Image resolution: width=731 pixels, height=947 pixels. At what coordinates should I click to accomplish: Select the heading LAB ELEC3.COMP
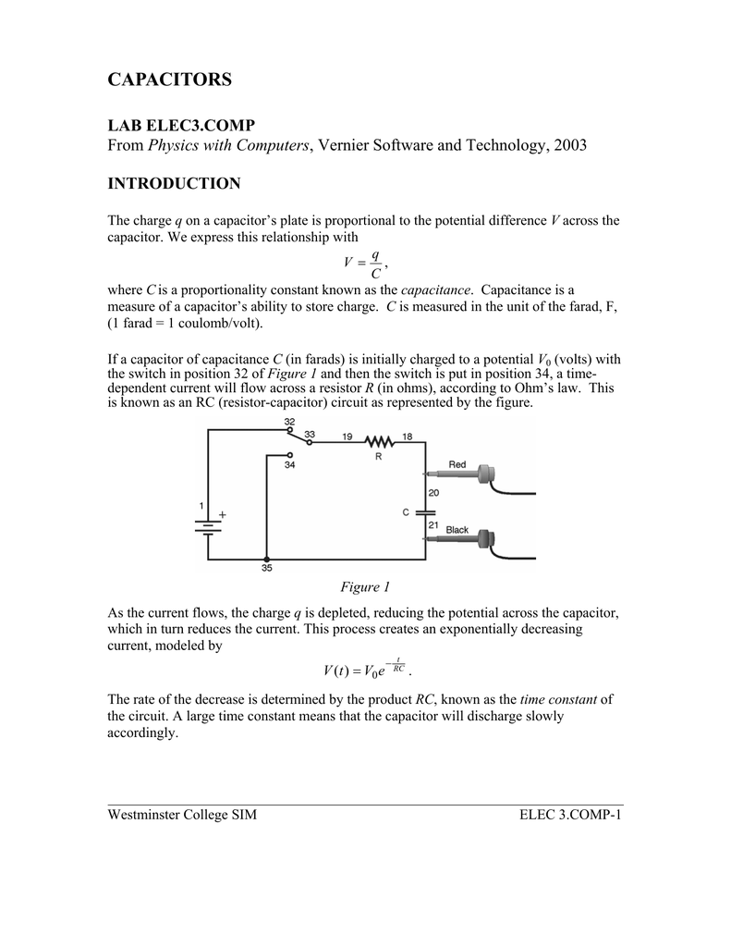181,125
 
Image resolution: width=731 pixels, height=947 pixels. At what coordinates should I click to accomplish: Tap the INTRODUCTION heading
174,184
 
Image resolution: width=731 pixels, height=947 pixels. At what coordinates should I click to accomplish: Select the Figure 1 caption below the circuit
366,587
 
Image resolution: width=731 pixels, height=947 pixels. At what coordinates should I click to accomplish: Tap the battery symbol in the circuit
207,527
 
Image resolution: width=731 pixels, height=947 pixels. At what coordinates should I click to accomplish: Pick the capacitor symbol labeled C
425,510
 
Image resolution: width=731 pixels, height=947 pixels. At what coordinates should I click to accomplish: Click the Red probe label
457,464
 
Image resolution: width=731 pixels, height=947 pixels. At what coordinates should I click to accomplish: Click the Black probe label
457,530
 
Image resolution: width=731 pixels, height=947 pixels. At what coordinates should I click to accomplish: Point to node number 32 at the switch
289,422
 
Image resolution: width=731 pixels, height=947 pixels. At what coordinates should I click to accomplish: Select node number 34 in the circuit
289,465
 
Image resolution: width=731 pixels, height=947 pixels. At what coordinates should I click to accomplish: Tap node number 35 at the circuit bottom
267,571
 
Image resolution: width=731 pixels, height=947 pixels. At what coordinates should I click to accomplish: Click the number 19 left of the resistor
347,436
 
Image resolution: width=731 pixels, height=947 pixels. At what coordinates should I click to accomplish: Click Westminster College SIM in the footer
182,815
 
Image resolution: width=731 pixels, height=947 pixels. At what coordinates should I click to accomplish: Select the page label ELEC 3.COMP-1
571,815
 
